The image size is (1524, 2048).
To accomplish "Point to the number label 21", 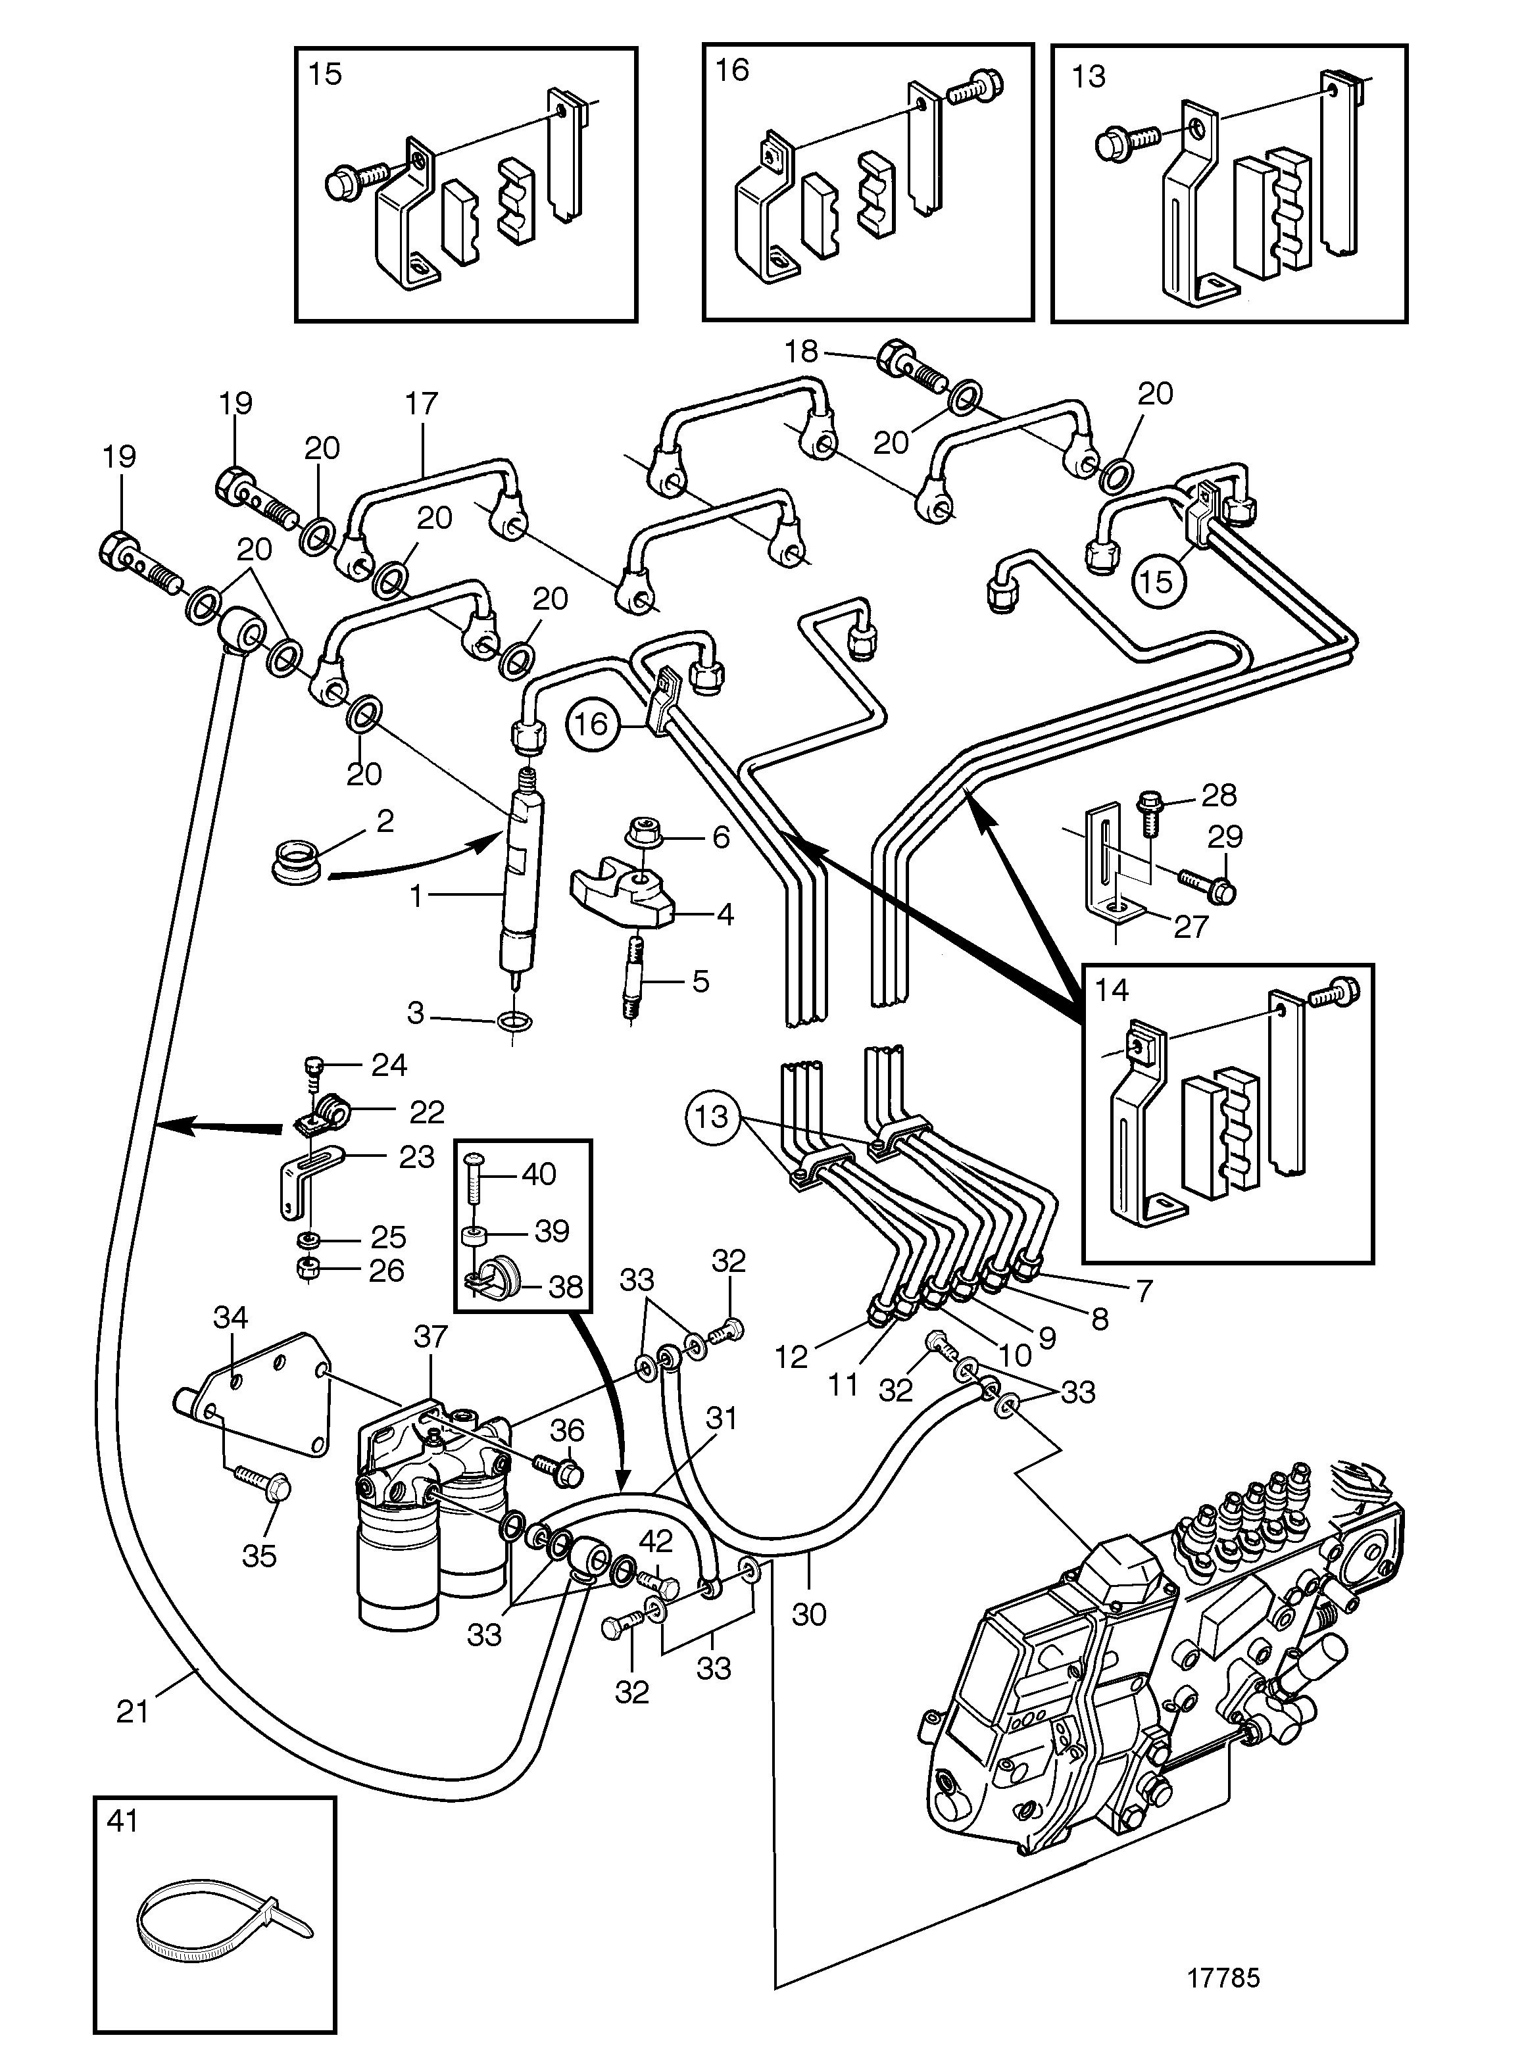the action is point(133,1711).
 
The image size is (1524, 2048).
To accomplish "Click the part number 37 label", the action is point(431,1336).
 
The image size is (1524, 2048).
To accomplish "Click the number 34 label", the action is point(231,1317).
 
